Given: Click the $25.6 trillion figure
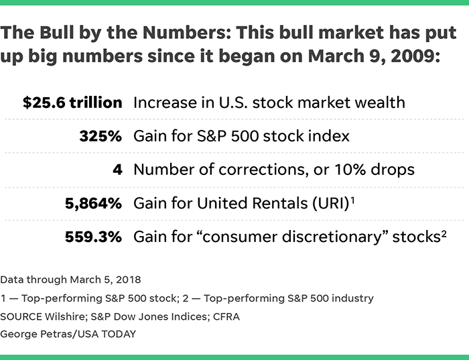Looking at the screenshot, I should [72, 103].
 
